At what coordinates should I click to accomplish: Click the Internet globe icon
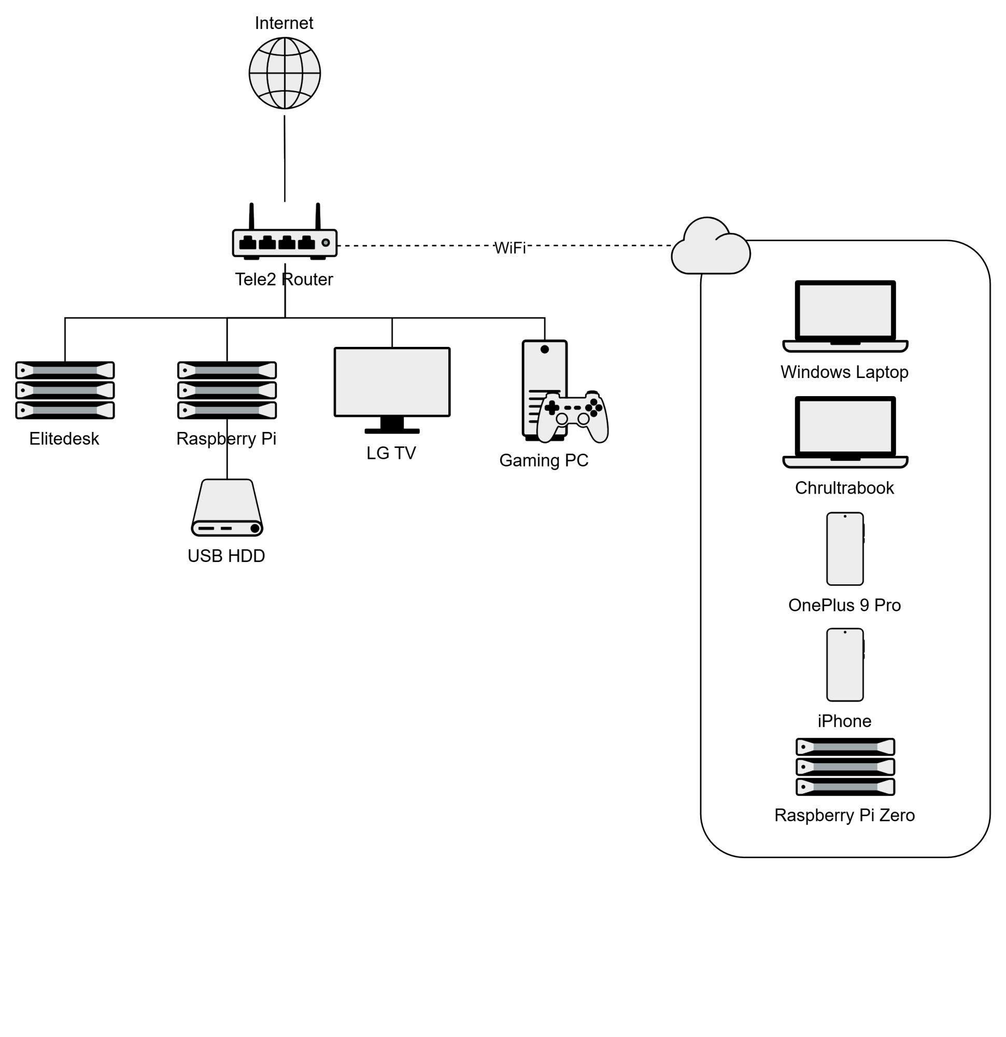pyautogui.click(x=285, y=73)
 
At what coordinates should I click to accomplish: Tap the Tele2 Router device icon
pyautogui.click(x=285, y=243)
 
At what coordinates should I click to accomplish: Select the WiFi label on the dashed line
pyautogui.click(x=510, y=248)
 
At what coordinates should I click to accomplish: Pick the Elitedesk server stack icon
pyautogui.click(x=65, y=390)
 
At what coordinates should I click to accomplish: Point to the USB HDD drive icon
pyautogui.click(x=227, y=508)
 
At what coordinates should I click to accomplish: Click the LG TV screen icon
pyautogui.click(x=392, y=383)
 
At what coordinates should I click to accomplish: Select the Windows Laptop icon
pyautogui.click(x=845, y=316)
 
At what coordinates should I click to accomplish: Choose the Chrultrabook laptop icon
pyautogui.click(x=845, y=432)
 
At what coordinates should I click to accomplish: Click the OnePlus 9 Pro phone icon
pyautogui.click(x=845, y=549)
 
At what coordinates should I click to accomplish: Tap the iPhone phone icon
pyautogui.click(x=845, y=665)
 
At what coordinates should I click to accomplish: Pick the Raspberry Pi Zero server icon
pyautogui.click(x=845, y=767)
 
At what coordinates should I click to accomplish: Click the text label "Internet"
pyautogui.click(x=284, y=23)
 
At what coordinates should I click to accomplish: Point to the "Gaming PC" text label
pyautogui.click(x=544, y=460)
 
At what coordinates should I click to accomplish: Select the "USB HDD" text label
pyautogui.click(x=226, y=556)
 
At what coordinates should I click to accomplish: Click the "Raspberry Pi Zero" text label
pyautogui.click(x=844, y=815)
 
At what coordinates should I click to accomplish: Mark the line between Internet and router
pyautogui.click(x=285, y=159)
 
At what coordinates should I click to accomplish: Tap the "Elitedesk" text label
pyautogui.click(x=64, y=439)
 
